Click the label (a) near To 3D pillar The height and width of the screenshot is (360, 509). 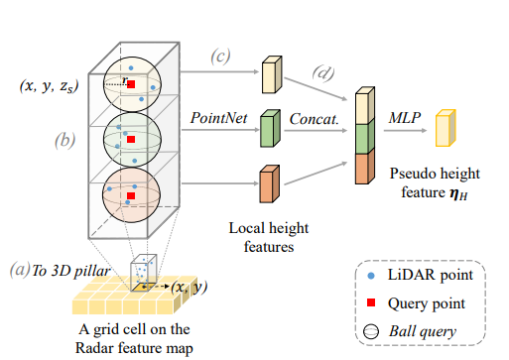click(16, 270)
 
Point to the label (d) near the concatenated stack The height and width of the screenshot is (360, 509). click(323, 73)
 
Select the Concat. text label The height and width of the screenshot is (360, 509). click(313, 117)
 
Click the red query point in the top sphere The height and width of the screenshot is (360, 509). click(131, 87)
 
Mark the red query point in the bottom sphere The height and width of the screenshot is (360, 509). click(131, 197)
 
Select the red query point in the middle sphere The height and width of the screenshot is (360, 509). click(131, 142)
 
